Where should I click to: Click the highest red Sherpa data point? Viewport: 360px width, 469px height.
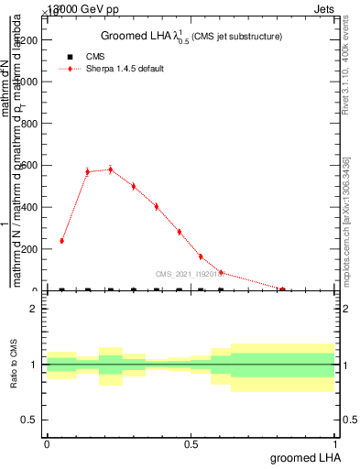coord(111,169)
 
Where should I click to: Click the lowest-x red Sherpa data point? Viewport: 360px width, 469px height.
coord(61,241)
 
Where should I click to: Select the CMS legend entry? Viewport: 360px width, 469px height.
coord(95,56)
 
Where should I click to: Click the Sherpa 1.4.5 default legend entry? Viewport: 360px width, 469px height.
coord(125,69)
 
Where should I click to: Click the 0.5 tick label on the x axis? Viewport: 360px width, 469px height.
coord(191,443)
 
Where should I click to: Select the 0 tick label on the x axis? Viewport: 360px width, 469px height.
coord(47,443)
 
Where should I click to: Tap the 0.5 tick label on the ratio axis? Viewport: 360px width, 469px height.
coord(28,420)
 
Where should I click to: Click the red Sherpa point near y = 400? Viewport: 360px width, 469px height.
coord(157,206)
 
